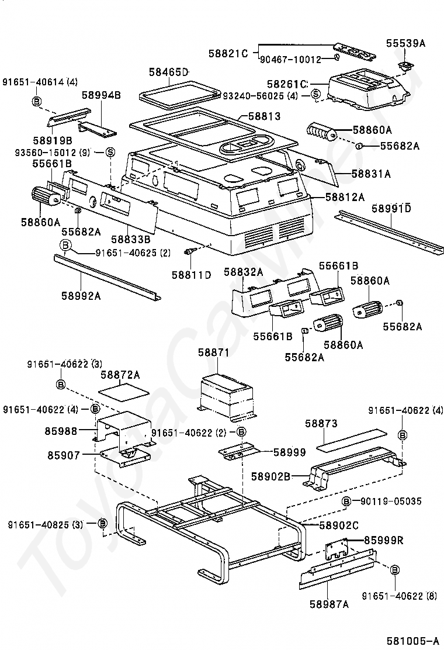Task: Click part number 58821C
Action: (x=228, y=53)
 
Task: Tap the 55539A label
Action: (x=406, y=43)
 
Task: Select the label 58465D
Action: (x=169, y=72)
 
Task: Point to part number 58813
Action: (x=263, y=116)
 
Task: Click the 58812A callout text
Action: (x=345, y=197)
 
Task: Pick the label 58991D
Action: (x=391, y=208)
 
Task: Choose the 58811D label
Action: (x=192, y=274)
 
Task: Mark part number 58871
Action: (x=213, y=352)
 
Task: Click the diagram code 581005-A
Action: (x=412, y=641)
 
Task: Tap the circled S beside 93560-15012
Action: (x=110, y=152)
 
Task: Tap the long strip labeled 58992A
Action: (x=107, y=278)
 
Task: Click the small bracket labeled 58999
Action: (x=239, y=451)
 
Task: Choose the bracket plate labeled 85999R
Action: (x=337, y=549)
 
